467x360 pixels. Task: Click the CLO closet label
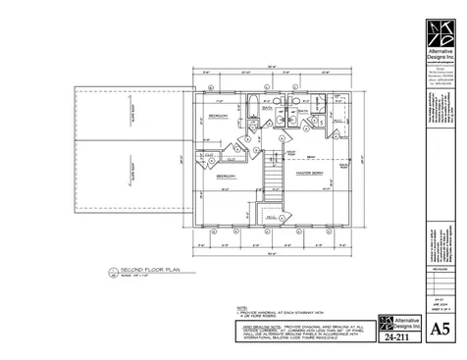click(209, 156)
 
